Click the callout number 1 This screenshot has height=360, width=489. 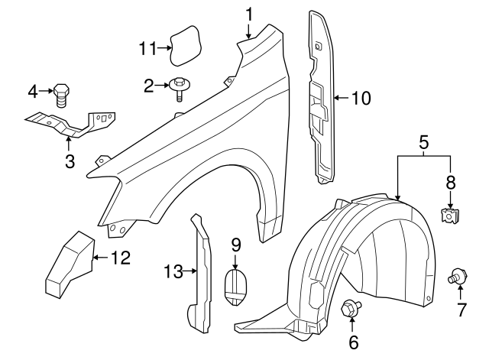pos(249,13)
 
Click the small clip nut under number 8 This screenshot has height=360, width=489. pos(449,214)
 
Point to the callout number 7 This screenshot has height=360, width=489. pos(460,310)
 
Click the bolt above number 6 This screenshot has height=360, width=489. pos(352,309)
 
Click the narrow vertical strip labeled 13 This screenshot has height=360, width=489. pos(202,275)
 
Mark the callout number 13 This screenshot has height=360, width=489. pos(173,271)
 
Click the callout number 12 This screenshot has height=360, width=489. pos(120,258)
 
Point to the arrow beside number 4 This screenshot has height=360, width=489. pos(45,92)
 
